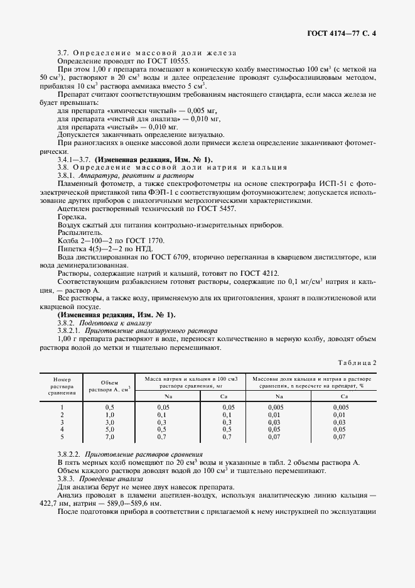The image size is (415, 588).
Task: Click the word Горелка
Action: click(71, 217)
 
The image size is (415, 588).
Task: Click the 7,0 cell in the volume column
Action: click(109, 437)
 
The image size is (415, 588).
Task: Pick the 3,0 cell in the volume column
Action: click(109, 422)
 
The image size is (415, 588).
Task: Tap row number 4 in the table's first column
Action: click(62, 429)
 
